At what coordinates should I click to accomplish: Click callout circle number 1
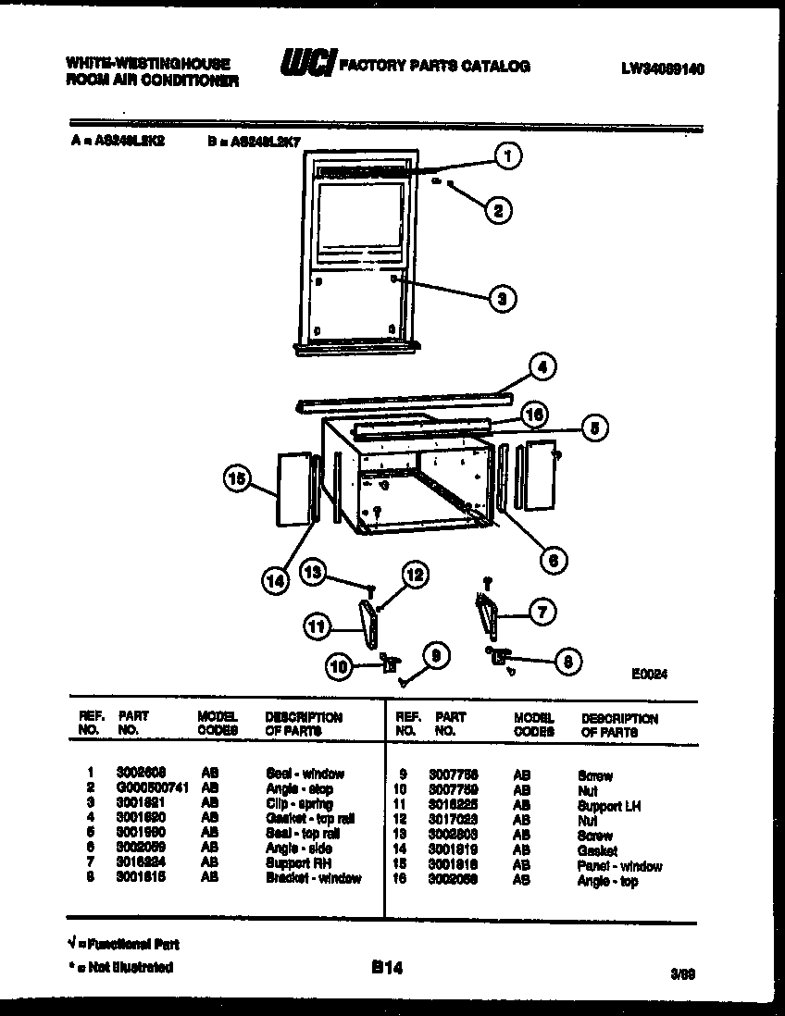pyautogui.click(x=506, y=158)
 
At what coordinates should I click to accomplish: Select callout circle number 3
pyautogui.click(x=501, y=298)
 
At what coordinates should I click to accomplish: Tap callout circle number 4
pyautogui.click(x=542, y=367)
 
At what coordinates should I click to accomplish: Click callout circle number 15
pyautogui.click(x=238, y=478)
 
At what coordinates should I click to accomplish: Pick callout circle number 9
pyautogui.click(x=436, y=656)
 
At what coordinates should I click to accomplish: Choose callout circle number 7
pyautogui.click(x=542, y=611)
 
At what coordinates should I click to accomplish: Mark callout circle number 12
pyautogui.click(x=415, y=575)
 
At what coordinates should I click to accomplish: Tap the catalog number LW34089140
pyautogui.click(x=664, y=68)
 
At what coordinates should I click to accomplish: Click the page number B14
pyautogui.click(x=387, y=968)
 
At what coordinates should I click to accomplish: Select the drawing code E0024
pyautogui.click(x=650, y=675)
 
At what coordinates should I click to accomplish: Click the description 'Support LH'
pyautogui.click(x=608, y=806)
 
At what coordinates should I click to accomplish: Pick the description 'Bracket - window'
pyautogui.click(x=313, y=878)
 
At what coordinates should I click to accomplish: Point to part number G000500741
pyautogui.click(x=153, y=789)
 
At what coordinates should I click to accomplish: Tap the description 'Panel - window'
pyautogui.click(x=619, y=867)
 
